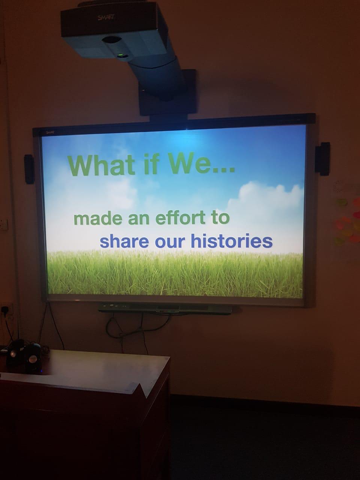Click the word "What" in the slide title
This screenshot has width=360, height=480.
[x=101, y=165]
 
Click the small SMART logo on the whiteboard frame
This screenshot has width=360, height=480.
[x=50, y=132]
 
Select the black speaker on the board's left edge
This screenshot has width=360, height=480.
[x=30, y=169]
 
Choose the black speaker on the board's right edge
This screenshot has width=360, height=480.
[x=322, y=159]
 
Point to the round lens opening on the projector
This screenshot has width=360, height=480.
[x=112, y=40]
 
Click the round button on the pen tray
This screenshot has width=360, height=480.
[x=112, y=305]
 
